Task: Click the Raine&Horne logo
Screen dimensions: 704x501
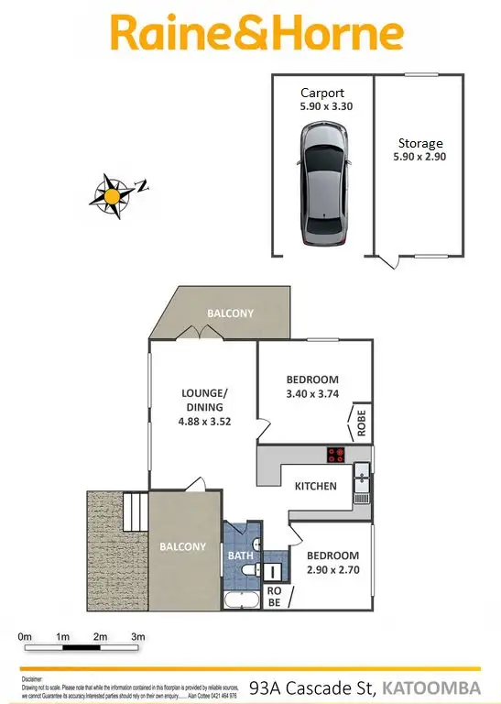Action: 256,34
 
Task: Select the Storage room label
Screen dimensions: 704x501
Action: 420,143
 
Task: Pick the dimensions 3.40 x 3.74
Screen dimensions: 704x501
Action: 312,396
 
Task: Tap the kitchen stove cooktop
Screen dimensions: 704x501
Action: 336,453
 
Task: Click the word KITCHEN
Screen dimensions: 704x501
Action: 315,486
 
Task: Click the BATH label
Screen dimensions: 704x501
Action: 240,555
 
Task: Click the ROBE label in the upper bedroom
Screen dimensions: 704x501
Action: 361,421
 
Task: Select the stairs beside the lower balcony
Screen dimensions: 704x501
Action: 135,510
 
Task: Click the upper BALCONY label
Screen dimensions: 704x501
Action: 230,313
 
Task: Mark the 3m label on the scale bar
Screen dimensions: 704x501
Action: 138,636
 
